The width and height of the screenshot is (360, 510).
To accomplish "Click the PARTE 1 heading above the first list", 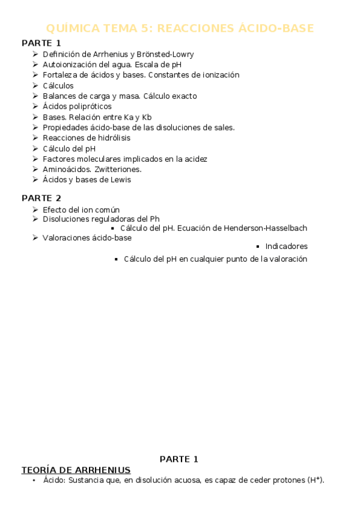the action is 41,43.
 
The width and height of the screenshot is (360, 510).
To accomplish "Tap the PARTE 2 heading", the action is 41,198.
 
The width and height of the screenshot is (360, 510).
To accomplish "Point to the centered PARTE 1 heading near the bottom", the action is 178,459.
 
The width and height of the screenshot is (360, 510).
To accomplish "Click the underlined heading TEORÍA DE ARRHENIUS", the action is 76,470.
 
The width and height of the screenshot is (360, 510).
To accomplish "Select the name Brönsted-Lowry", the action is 166,54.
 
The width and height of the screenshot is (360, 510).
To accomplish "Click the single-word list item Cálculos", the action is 58,85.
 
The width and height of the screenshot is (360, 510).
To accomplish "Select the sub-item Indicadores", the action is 286,246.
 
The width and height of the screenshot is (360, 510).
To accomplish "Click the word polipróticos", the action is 90,106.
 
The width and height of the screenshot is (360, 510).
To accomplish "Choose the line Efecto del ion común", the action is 81,209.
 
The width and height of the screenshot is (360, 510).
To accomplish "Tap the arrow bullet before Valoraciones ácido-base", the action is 35,238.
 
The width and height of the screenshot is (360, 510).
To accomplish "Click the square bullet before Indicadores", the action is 257,246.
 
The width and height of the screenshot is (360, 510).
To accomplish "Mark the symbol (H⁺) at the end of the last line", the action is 315,480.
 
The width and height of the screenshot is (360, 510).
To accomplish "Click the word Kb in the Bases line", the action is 147,117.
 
